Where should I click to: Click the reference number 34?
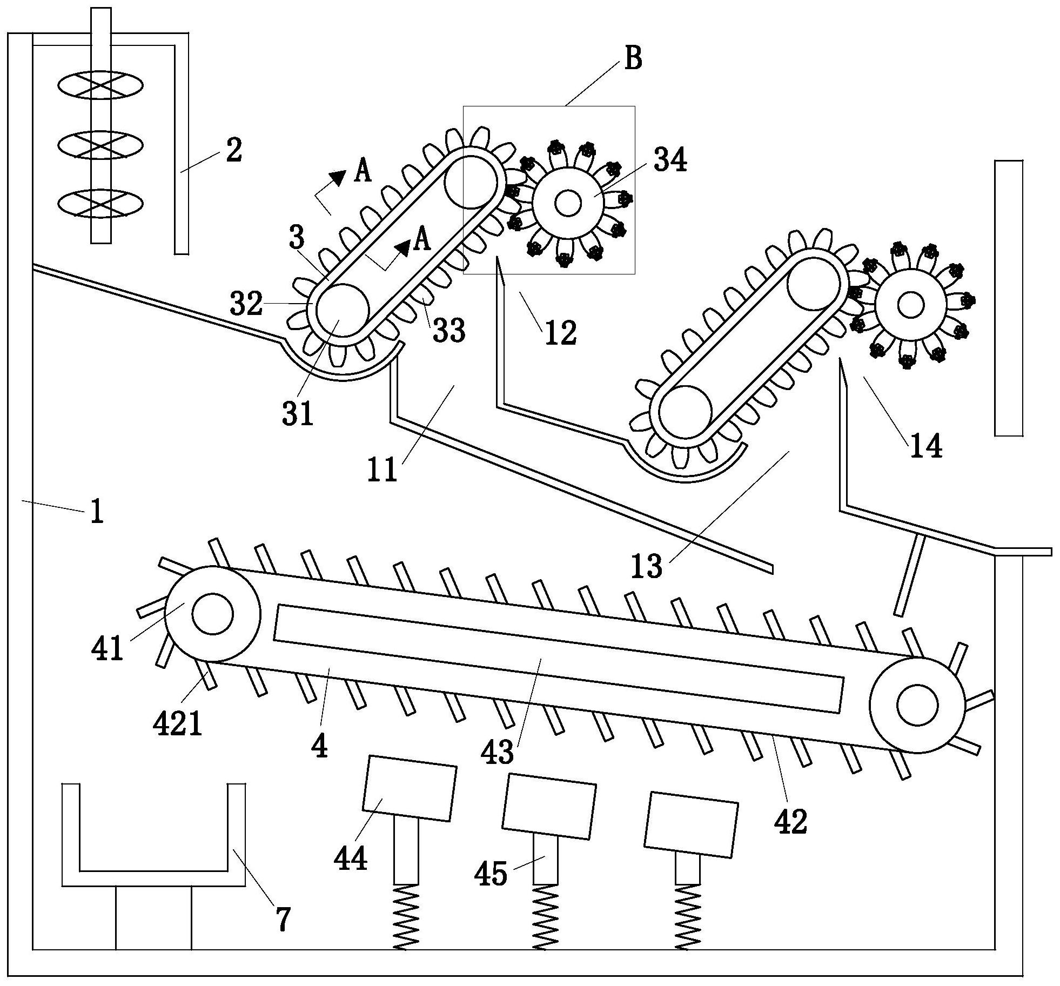coord(670,160)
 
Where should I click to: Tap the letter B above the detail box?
coord(633,58)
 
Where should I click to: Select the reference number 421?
coord(178,723)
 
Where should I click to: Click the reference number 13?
coord(647,566)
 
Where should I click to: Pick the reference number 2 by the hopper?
coord(233,151)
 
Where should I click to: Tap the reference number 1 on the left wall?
coord(97,511)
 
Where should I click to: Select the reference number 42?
coord(790,821)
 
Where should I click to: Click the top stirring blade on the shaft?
coord(100,85)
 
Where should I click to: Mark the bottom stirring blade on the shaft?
coord(100,204)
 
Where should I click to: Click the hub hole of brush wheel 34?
coord(567,203)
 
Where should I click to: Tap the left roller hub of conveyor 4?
coord(212,614)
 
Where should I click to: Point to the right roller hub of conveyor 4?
coord(917,705)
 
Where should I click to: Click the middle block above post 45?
coord(549,806)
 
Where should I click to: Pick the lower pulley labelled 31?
coord(342,311)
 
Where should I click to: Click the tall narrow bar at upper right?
coord(1009,298)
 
